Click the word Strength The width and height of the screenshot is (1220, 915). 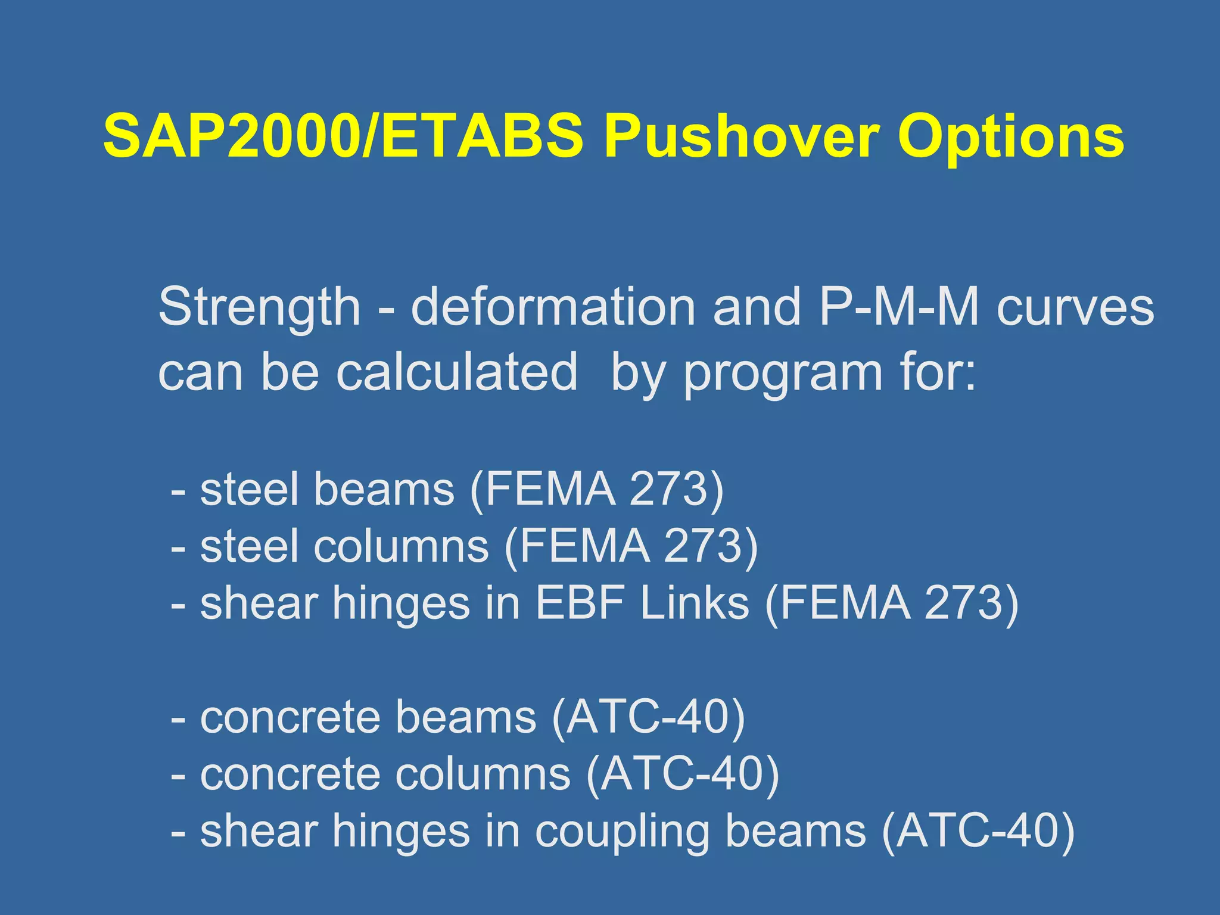tap(260, 307)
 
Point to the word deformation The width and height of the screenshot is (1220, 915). tap(553, 307)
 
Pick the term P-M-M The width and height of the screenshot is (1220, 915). tap(900, 307)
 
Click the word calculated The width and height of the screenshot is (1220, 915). tap(457, 372)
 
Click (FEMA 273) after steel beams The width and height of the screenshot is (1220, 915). tap(597, 489)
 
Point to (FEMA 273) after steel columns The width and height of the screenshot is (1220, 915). tap(631, 546)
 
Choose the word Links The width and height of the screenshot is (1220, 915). tap(694, 603)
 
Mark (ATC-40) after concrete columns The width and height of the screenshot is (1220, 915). tap(683, 774)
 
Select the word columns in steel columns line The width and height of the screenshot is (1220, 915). tap(402, 546)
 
